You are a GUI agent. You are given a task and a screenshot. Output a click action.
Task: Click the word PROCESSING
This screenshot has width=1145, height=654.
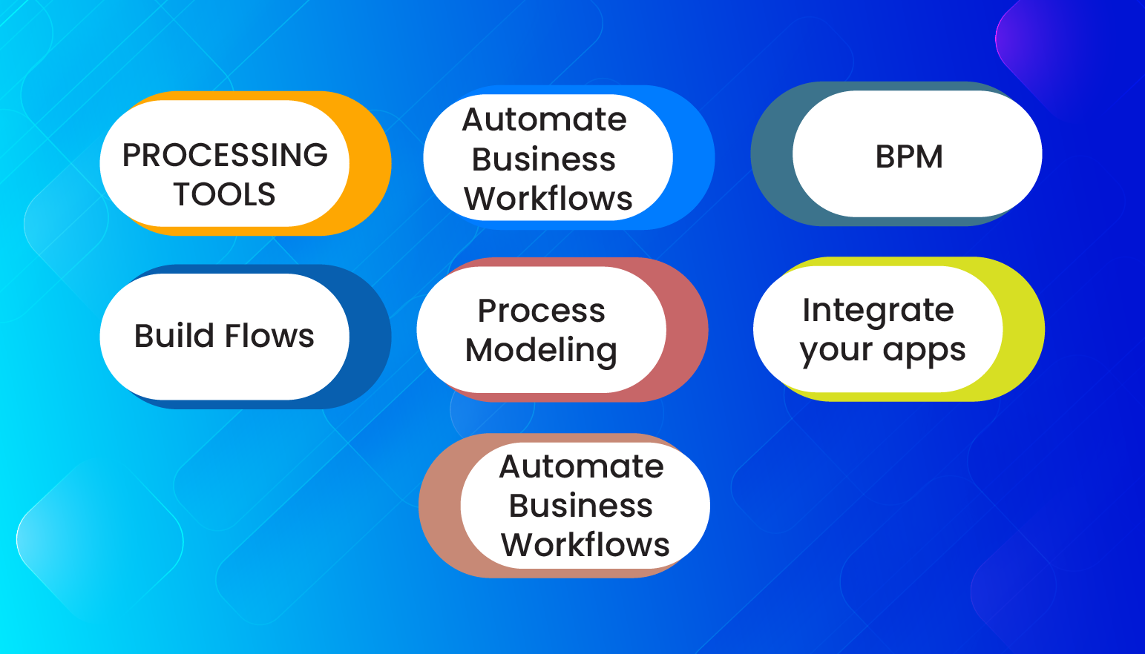(225, 155)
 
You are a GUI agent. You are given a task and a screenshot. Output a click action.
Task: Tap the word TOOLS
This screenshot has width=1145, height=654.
(224, 195)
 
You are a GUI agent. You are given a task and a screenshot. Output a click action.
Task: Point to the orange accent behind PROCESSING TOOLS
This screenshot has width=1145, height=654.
(370, 163)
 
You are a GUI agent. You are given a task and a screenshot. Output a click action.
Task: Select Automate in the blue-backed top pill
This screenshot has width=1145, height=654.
(545, 120)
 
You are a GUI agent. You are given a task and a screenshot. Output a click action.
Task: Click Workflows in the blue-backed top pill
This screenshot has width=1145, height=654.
(548, 199)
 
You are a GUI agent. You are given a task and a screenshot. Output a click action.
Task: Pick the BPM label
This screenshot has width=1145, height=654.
(909, 157)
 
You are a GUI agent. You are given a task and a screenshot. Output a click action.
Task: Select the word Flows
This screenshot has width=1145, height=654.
(269, 336)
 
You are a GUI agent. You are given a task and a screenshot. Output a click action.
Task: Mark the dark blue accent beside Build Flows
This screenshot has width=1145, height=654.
(370, 337)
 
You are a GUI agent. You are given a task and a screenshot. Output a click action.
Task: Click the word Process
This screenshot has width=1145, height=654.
(541, 311)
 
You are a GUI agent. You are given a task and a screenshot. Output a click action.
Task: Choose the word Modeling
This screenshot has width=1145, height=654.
(541, 351)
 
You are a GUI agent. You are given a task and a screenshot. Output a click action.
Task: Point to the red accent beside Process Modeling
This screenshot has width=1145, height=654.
(686, 330)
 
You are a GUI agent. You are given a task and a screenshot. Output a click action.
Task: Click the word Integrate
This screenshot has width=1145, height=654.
(878, 311)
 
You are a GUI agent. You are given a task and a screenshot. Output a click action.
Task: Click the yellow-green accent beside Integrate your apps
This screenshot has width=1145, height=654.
(1023, 329)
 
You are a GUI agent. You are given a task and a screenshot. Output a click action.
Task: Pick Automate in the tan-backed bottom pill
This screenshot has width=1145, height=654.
(582, 467)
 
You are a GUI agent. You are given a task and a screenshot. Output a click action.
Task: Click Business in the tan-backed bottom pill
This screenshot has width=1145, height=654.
(581, 506)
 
